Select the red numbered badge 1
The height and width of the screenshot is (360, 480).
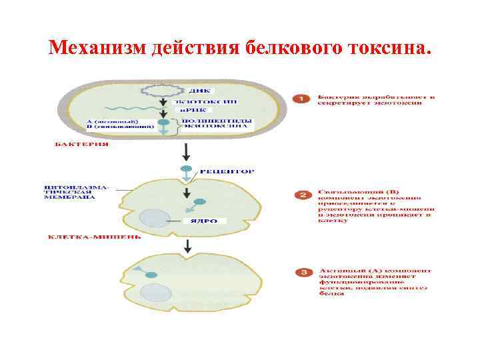pyautogui.click(x=301, y=99)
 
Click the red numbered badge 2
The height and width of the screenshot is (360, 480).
pyautogui.click(x=303, y=195)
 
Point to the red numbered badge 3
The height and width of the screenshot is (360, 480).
pyautogui.click(x=303, y=272)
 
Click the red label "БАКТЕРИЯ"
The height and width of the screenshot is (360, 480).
pyautogui.click(x=82, y=144)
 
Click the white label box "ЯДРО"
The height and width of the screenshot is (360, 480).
pyautogui.click(x=205, y=221)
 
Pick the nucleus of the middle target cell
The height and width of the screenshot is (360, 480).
pyautogui.click(x=155, y=219)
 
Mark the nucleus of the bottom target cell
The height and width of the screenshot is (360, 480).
pyautogui.click(x=156, y=291)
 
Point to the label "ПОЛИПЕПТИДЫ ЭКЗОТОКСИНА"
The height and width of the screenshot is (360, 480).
pyautogui.click(x=208, y=123)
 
